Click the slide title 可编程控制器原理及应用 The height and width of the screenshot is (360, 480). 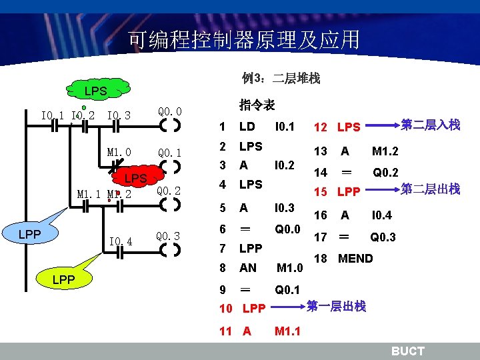[x=243, y=39]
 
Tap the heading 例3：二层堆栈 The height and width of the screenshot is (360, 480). [x=281, y=79]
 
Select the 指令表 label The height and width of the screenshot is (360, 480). [x=257, y=105]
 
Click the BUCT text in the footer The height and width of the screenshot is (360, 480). [x=407, y=351]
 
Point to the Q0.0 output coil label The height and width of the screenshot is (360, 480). [x=170, y=111]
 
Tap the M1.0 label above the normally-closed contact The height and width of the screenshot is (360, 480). [x=119, y=152]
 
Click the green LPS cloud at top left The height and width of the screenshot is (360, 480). [x=100, y=90]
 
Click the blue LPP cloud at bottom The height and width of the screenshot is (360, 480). [x=63, y=277]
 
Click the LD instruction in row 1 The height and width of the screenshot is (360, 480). [x=247, y=127]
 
